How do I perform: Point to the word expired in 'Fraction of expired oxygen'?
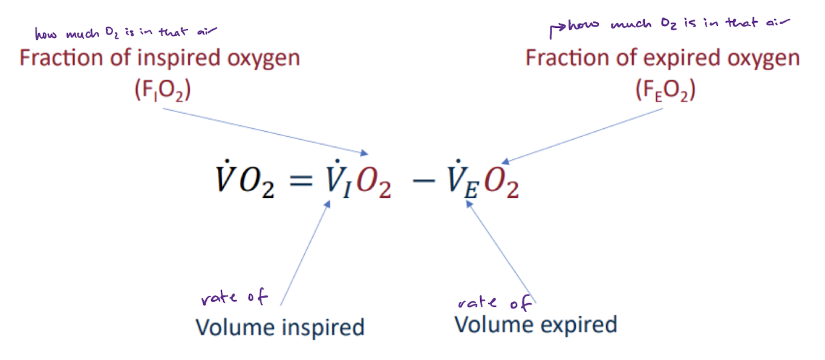678,59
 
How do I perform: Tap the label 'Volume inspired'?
280,327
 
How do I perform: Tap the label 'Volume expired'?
535,324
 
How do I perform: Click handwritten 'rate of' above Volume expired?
494,303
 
